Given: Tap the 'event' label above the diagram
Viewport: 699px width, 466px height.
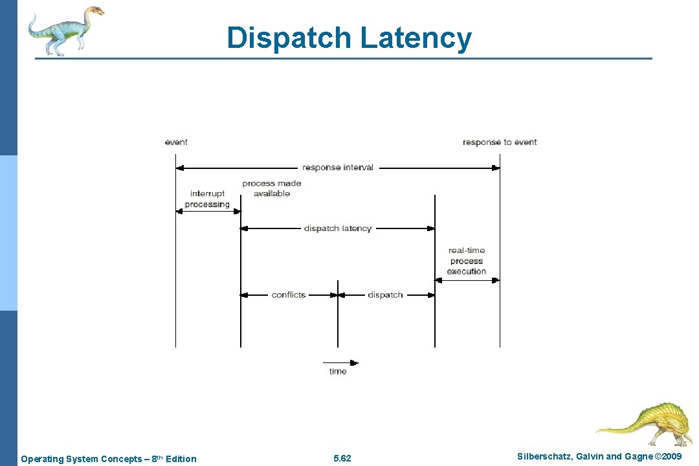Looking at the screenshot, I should [x=176, y=142].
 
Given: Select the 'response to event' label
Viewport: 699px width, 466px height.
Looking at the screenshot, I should [x=500, y=142].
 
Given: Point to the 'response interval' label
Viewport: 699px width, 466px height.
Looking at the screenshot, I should [x=338, y=168].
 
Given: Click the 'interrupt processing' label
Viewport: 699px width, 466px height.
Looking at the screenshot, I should [x=207, y=199].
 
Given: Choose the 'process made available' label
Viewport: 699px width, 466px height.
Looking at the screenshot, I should [x=272, y=188].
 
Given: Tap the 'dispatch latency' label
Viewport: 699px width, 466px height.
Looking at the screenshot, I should [x=338, y=228].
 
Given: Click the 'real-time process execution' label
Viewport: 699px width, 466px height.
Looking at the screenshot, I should [x=467, y=261].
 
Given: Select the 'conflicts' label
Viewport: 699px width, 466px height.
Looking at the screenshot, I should [x=289, y=294].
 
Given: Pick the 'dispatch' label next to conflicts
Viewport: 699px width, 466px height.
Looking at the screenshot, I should [x=385, y=294].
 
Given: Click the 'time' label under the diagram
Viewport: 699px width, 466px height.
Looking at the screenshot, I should [x=338, y=372].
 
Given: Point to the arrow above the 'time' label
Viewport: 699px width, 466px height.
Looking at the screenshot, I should [x=340, y=362].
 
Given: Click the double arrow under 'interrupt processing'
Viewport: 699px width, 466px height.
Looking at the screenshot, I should [x=208, y=211].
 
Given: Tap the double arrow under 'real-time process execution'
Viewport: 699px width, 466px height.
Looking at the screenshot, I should [x=467, y=280].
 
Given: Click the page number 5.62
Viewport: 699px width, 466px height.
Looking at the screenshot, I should [x=342, y=459].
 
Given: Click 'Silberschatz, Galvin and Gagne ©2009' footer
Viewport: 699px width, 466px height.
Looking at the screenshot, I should [x=600, y=457].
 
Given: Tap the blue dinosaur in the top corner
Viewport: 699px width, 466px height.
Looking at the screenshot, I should [x=65, y=30].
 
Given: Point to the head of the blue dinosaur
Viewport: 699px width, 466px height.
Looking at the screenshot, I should [x=94, y=11].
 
